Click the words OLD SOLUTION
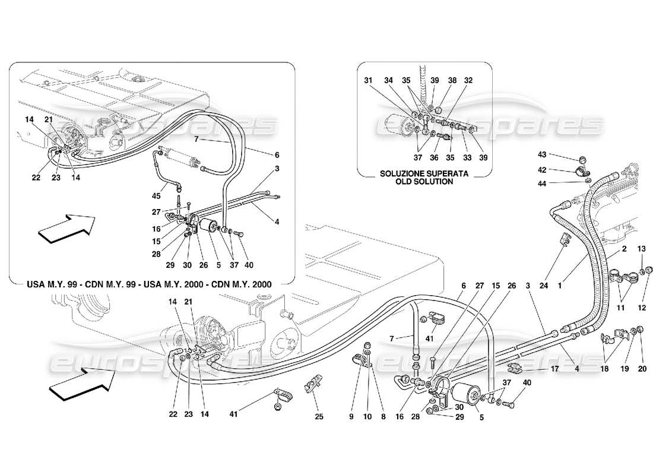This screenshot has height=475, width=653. [424, 182]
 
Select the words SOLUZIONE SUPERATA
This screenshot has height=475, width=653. [424, 173]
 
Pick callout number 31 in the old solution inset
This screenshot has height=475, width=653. [368, 81]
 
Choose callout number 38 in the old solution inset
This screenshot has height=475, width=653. [452, 81]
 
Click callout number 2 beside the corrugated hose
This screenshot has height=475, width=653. [624, 250]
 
